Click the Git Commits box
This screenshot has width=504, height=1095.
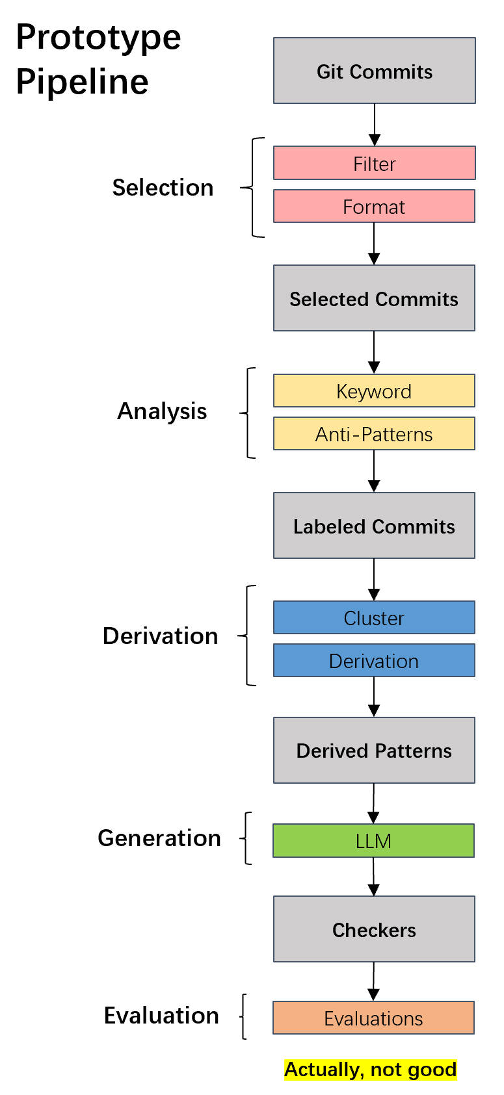[374, 71]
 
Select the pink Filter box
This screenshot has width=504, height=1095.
[374, 163]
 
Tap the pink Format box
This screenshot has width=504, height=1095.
[374, 207]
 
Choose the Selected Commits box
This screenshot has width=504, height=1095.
[374, 298]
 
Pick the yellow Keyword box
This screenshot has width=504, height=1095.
[374, 391]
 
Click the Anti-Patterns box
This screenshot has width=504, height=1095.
[374, 434]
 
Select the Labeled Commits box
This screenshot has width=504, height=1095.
[374, 526]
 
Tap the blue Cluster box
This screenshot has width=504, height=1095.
[374, 618]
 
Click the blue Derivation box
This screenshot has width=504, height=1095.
[374, 661]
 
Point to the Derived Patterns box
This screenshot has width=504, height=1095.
[374, 751]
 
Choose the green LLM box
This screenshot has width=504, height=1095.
[373, 841]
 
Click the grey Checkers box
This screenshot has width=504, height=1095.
[374, 929]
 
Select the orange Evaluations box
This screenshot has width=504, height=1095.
[373, 1018]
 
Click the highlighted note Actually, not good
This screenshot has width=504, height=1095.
[370, 1070]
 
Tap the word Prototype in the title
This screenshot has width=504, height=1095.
[98, 38]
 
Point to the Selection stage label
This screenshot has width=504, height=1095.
[163, 188]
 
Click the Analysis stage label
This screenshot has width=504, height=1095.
[162, 411]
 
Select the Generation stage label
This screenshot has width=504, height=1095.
[159, 838]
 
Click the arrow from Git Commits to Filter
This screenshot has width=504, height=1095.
[375, 125]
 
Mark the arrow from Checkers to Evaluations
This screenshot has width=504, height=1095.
[373, 981]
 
